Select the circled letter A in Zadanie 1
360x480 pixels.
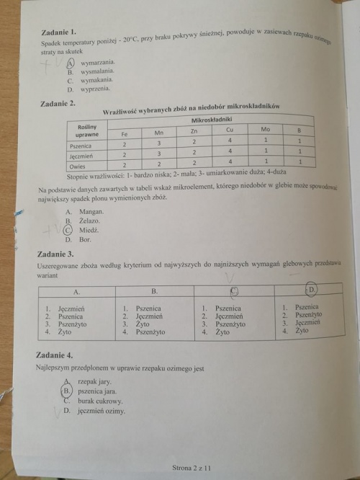pos(71,63)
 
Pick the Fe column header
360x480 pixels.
pos(125,133)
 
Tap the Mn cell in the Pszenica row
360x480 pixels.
pos(159,143)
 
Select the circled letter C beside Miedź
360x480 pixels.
pos(68,230)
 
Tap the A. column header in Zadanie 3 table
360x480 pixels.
pos(76,292)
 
